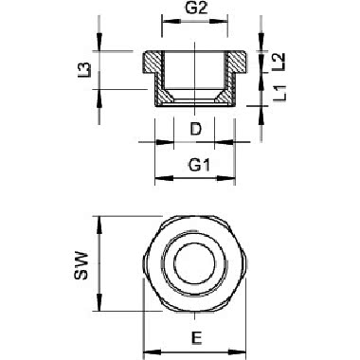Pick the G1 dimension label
196,165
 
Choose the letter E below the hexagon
195,337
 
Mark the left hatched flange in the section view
152,63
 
